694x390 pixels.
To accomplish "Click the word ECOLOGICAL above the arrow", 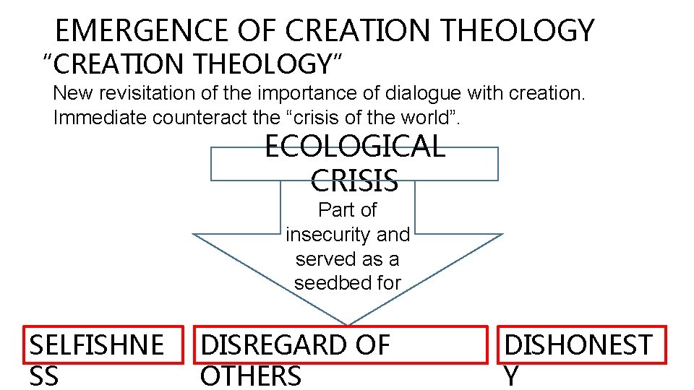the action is click(354, 147).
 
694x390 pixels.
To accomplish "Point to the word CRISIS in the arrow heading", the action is click(354, 180).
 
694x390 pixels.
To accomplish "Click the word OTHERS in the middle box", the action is click(250, 376).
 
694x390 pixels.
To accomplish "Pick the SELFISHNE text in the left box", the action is click(96, 345).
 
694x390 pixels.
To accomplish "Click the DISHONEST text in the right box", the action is click(578, 345).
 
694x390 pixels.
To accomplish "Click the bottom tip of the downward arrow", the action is click(348, 323).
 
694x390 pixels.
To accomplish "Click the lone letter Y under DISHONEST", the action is click(510, 376).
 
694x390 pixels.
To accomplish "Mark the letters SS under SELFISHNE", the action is click(45, 376).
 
